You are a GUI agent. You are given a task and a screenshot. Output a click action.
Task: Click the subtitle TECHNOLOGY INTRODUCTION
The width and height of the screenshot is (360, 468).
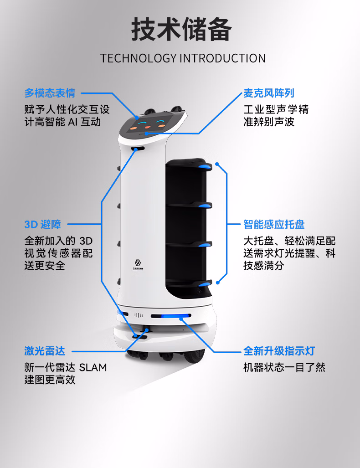click(183, 58)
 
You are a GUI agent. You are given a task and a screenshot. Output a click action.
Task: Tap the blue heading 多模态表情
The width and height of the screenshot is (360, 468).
click(50, 93)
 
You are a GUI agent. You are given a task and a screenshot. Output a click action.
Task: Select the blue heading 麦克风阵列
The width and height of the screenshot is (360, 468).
click(268, 93)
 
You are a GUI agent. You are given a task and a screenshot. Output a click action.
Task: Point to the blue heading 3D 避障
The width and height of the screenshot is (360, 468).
click(42, 224)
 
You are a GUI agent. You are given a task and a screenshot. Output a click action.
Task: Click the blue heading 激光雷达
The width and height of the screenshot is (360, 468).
click(45, 351)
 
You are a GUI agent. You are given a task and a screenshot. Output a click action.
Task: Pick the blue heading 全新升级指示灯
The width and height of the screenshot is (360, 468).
click(279, 351)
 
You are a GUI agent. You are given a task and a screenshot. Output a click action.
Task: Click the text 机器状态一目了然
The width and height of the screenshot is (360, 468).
click(284, 367)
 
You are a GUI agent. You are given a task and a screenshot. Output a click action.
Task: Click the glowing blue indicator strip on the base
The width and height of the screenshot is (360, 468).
click(170, 316)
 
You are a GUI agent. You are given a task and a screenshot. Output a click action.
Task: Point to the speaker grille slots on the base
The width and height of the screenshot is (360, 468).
click(139, 315)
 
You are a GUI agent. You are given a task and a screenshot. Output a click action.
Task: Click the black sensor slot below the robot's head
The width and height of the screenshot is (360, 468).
click(139, 149)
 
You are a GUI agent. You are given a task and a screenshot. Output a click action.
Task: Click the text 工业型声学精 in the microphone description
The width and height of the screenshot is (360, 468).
click(276, 110)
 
